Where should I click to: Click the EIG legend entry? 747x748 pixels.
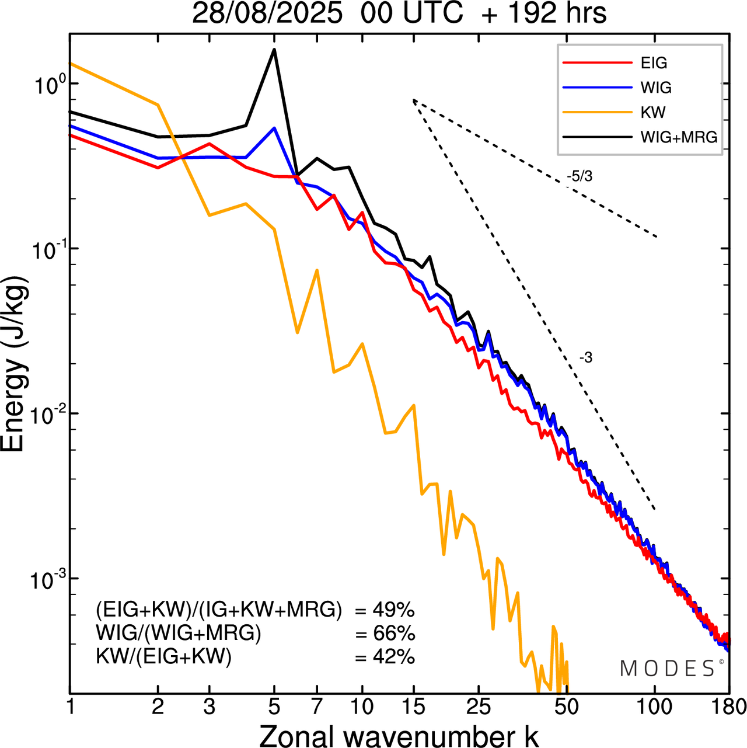[x=654, y=63]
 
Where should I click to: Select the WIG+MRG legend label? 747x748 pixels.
[x=679, y=137]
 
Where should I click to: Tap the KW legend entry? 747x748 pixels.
[x=653, y=112]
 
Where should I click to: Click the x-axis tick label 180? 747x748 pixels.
[x=729, y=707]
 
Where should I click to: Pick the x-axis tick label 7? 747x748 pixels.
[x=317, y=707]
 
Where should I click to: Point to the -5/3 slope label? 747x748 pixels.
[x=579, y=176]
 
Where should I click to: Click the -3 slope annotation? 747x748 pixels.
[x=586, y=358]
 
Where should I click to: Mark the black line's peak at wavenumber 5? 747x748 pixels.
[x=274, y=50]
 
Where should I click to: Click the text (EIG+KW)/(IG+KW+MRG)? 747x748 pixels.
[x=219, y=610]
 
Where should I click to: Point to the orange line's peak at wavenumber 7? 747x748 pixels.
[x=317, y=270]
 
